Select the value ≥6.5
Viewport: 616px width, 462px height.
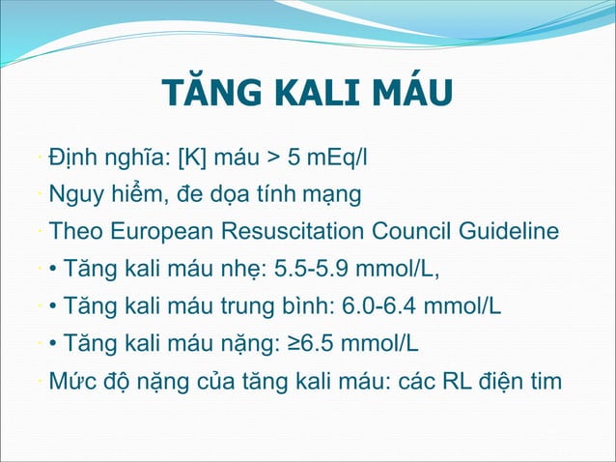(312, 344)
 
